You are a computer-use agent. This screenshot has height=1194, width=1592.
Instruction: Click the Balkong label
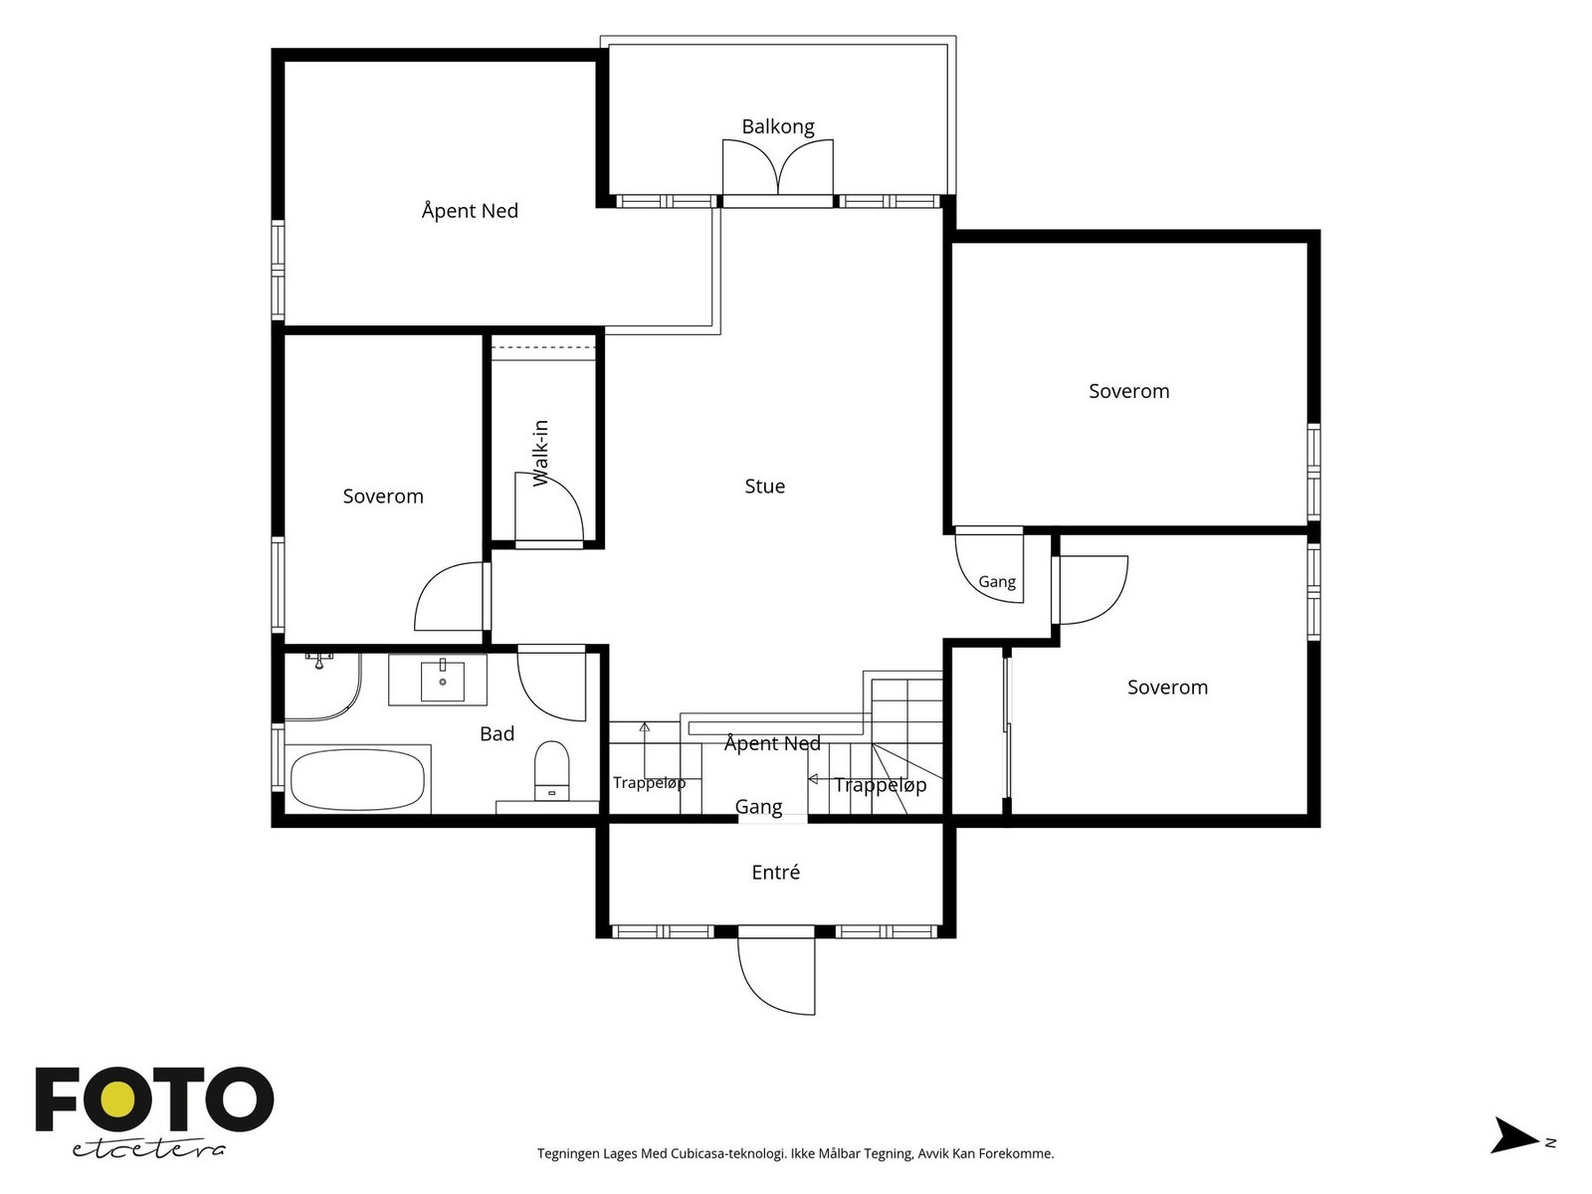point(777,127)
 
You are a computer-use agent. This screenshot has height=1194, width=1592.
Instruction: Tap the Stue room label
point(764,486)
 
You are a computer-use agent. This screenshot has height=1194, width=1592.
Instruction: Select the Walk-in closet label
point(540,453)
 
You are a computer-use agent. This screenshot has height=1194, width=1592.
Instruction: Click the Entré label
point(775,872)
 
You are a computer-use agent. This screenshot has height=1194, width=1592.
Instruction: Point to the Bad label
point(497,733)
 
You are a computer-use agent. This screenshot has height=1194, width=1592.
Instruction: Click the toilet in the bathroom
point(552,770)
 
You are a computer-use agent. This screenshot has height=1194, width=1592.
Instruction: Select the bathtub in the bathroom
point(357,779)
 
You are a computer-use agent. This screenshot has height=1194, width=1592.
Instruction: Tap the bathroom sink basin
point(443,680)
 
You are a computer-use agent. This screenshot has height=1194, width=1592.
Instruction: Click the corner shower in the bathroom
point(322,687)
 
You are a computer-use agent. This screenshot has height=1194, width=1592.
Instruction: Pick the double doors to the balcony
point(777,167)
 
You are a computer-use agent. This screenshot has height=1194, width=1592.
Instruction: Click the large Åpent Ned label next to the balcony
point(470,211)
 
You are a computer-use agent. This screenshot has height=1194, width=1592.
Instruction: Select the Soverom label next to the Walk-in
point(383,497)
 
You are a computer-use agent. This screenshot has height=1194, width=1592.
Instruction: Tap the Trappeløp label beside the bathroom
point(649,783)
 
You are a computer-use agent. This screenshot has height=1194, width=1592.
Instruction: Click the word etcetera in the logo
point(148,1150)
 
